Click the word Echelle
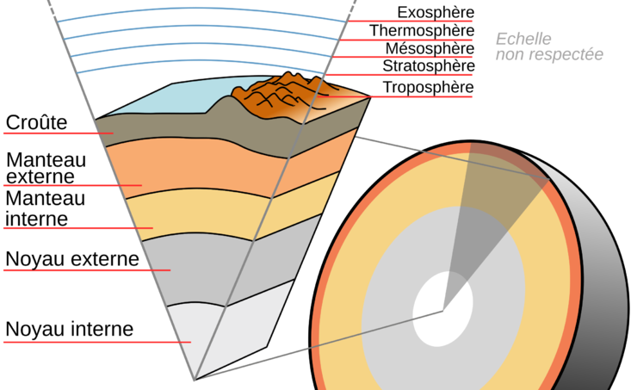523,39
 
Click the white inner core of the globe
442,308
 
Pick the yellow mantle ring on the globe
344,258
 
